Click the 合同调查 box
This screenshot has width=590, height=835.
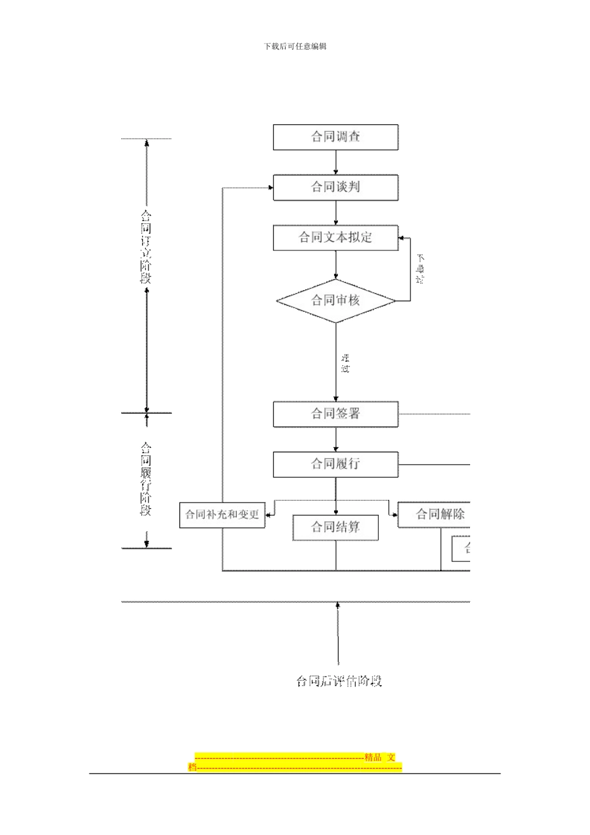(335, 137)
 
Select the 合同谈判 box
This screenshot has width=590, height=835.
(335, 187)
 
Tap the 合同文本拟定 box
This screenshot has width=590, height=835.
(335, 237)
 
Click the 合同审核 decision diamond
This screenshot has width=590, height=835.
(335, 301)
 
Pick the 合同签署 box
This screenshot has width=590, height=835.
(335, 414)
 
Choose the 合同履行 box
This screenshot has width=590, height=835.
(335, 464)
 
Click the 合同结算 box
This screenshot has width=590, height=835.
(335, 527)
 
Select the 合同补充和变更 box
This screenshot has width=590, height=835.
(222, 514)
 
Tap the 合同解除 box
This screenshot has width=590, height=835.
(435, 514)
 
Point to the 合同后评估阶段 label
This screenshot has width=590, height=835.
(338, 681)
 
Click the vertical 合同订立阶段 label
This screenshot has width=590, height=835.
(146, 247)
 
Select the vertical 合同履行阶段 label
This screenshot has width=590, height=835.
(146, 478)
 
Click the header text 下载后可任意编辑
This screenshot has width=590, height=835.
(295, 47)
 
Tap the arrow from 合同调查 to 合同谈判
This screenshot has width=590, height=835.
(336, 163)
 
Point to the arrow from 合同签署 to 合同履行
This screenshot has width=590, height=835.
(336, 440)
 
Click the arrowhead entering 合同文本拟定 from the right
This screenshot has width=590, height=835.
(402, 237)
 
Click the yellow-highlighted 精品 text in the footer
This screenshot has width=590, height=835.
(373, 757)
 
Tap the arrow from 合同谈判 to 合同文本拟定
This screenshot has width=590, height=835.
(336, 213)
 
